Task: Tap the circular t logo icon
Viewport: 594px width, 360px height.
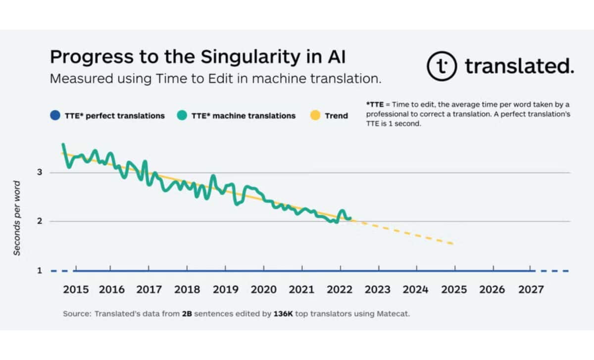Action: pos(442,66)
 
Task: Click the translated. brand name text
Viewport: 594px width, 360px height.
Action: pos(519,66)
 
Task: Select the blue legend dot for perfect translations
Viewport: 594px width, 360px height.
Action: pos(55,116)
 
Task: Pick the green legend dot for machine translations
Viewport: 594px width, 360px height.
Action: pos(182,116)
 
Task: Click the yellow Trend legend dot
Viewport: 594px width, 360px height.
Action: pos(315,116)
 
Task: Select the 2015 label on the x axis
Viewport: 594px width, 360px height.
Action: pos(76,290)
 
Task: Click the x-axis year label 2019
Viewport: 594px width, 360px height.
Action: pos(225,290)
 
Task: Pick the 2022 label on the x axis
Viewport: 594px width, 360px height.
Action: pos(340,290)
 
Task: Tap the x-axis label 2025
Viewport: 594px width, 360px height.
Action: pos(454,290)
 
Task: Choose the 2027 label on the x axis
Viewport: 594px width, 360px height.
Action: pos(531,290)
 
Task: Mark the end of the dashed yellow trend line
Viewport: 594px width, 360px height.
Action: pos(453,244)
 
